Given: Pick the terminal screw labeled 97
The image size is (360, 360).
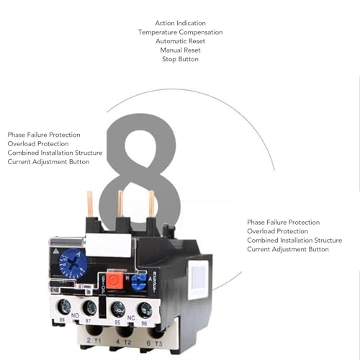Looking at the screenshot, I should (x=89, y=309).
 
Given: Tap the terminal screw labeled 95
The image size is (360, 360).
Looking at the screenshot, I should (x=117, y=311).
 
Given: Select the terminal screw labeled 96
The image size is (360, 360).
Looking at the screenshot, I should (x=145, y=311).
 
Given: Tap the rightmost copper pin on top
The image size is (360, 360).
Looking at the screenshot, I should (x=151, y=204).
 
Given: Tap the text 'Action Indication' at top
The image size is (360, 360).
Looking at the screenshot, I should (x=180, y=23).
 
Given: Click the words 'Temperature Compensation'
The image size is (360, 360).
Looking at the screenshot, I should (x=180, y=32).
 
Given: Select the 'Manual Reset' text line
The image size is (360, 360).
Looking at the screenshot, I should (x=180, y=50).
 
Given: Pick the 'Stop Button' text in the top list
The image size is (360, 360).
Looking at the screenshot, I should (x=180, y=59).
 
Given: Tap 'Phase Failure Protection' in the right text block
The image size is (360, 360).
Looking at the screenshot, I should (x=283, y=222).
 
